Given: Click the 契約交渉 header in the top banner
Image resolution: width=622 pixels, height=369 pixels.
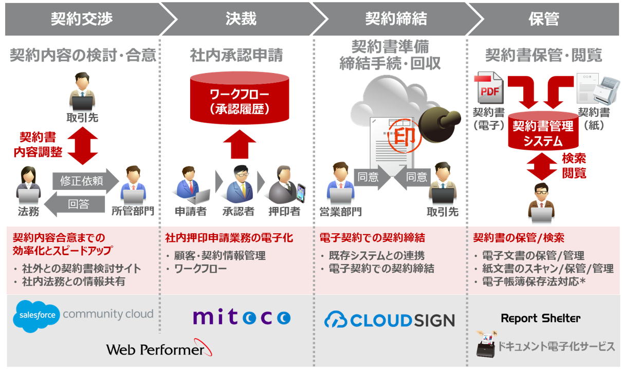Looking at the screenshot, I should coord(82,19).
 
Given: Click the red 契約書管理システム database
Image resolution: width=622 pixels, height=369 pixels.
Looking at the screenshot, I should coord(543,131).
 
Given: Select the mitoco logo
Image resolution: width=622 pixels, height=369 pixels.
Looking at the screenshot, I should coord(242,317).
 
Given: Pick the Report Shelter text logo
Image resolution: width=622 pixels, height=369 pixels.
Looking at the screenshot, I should coord(540,319).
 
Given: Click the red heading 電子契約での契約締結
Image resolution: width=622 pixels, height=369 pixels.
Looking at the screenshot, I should coord(372,238).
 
